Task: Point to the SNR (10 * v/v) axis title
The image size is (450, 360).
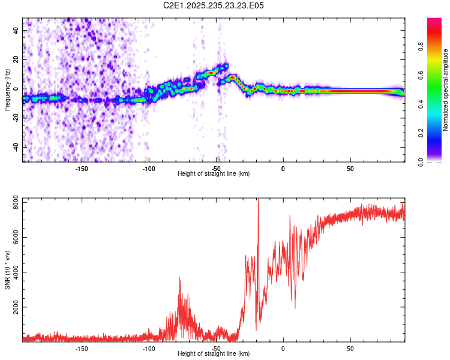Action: click(x=7, y=268)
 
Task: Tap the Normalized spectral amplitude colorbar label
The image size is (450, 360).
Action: click(x=446, y=90)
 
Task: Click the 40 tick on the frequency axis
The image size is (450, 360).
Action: click(x=17, y=30)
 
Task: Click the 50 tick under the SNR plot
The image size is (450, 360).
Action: click(x=350, y=349)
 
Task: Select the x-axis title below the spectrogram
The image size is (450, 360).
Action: click(x=214, y=174)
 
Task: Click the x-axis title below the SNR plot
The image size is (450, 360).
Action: click(x=214, y=354)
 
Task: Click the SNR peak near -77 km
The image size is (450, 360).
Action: click(x=179, y=278)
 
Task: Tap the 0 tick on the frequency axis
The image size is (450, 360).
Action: click(x=17, y=89)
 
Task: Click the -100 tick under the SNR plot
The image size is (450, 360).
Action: click(x=149, y=349)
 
